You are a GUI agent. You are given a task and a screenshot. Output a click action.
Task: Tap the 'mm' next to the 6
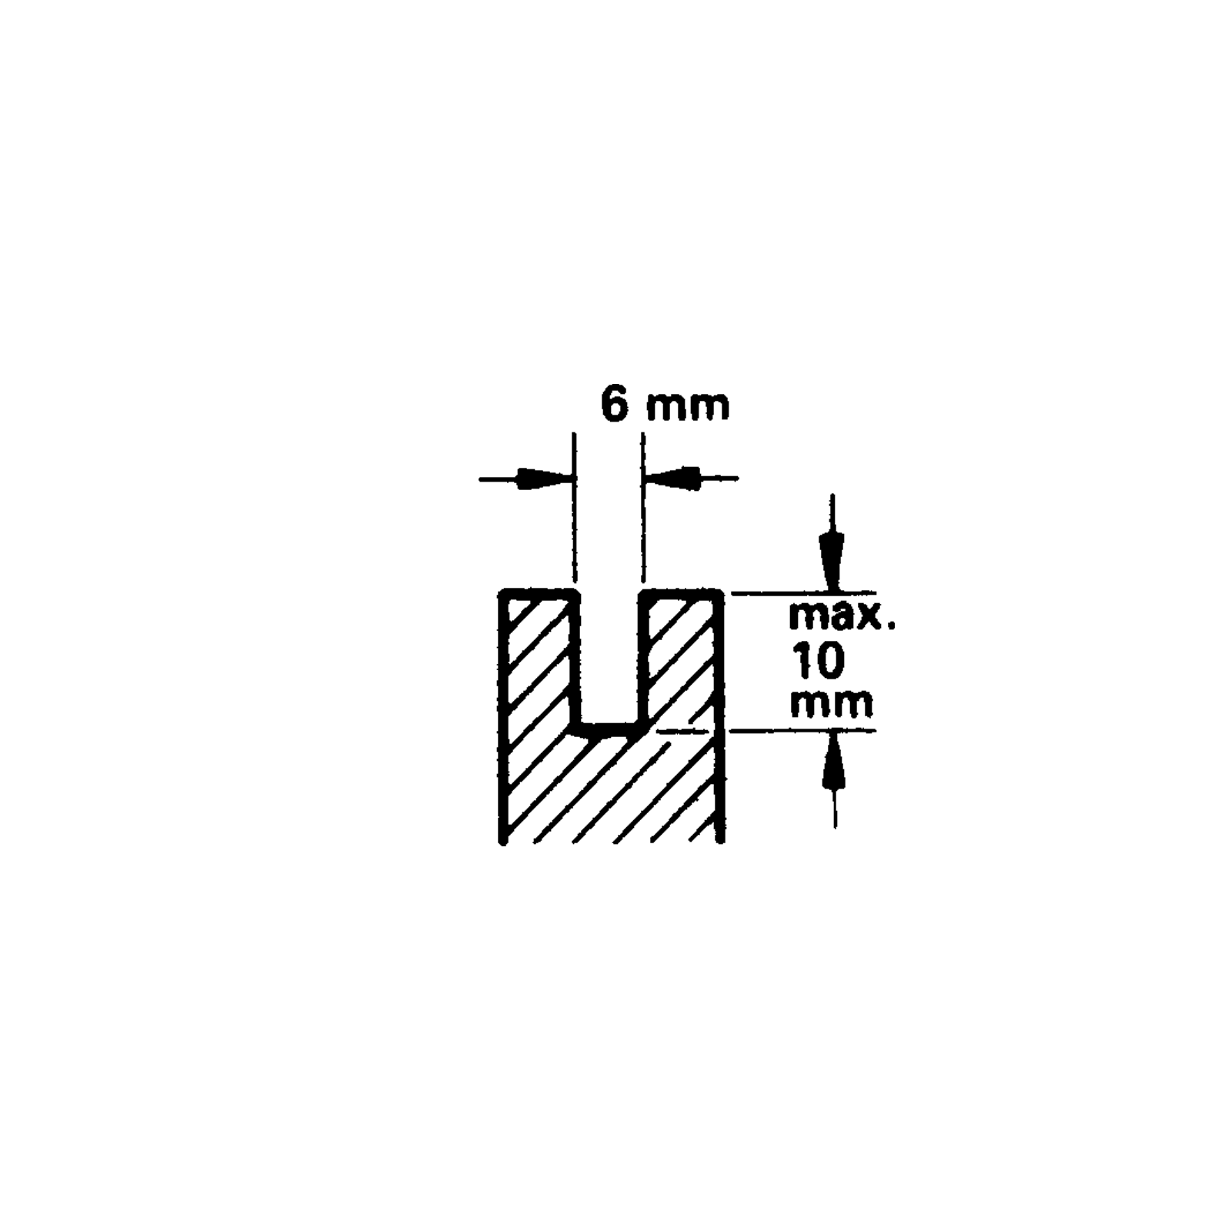click(x=687, y=409)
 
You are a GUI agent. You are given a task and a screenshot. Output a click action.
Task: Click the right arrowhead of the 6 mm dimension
click(x=672, y=479)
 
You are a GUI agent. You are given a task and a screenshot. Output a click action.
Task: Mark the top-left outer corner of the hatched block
click(x=502, y=592)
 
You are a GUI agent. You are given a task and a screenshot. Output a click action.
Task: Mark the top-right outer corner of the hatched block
click(x=721, y=592)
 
